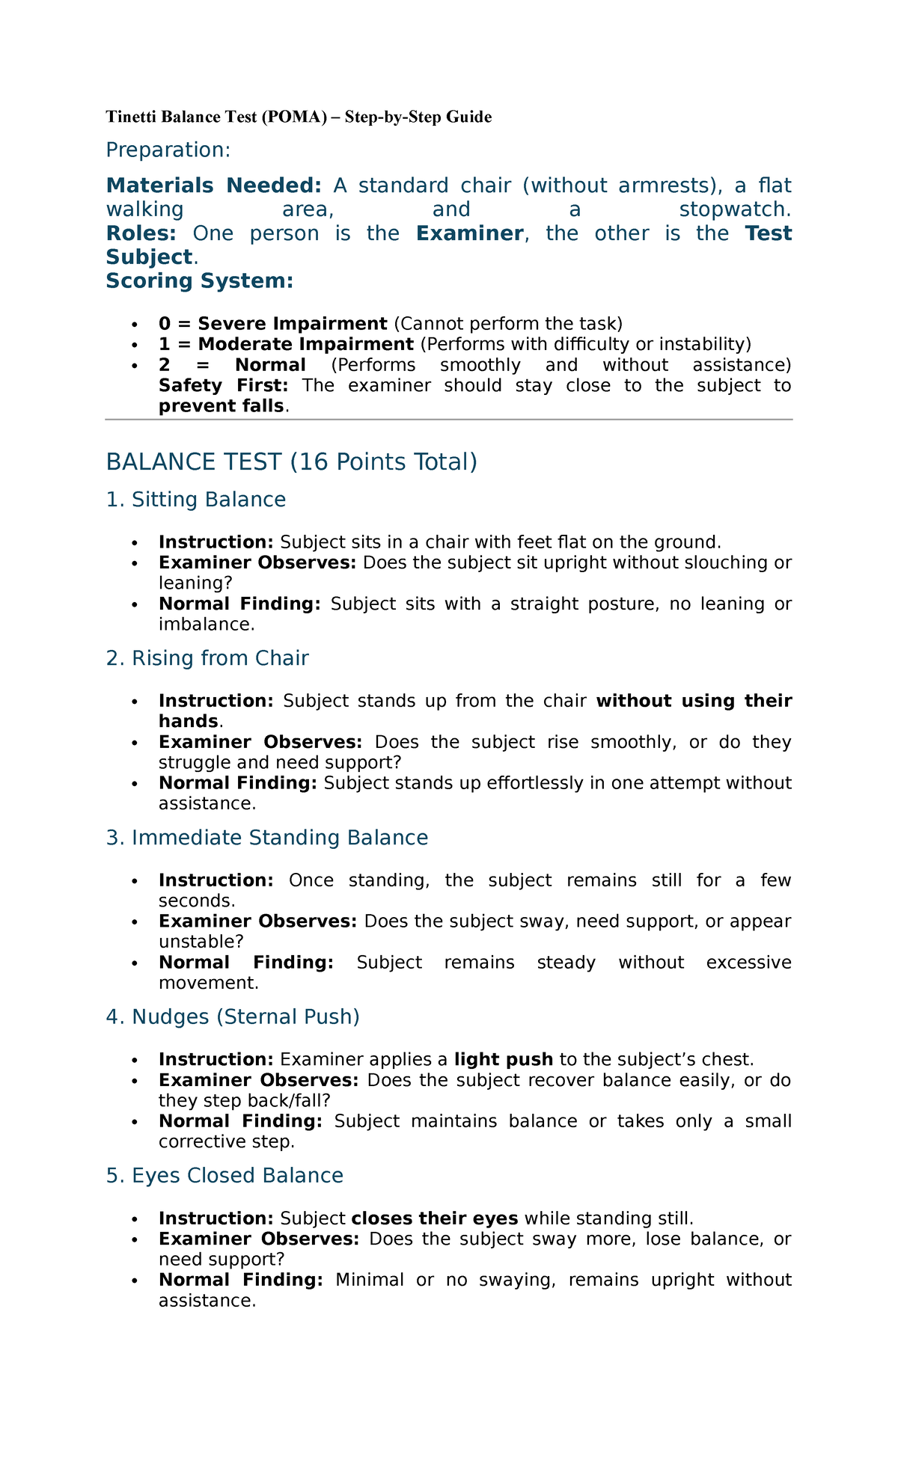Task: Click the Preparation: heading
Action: coord(168,150)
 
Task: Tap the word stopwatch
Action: coord(735,209)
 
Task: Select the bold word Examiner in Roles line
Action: coord(470,233)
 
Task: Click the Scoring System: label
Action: coord(200,281)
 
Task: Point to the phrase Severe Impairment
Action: coord(292,324)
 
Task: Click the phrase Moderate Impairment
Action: coord(305,344)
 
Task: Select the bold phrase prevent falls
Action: coord(222,406)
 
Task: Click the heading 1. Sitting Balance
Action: coord(196,500)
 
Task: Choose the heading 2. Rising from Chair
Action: coord(207,658)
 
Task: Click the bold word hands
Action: coord(189,721)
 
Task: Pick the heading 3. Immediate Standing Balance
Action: coord(267,838)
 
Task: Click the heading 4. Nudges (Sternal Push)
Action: coord(233,1017)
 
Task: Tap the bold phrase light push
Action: coord(504,1060)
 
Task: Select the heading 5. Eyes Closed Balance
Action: coord(224,1176)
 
